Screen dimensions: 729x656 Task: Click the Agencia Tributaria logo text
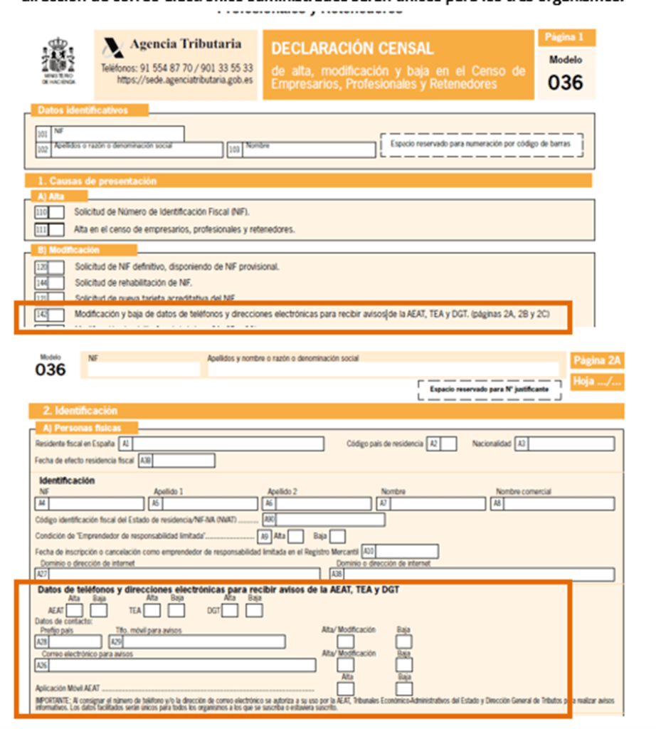coord(185,44)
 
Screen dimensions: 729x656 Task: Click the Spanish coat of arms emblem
coord(58,61)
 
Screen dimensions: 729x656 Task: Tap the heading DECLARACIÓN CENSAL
coord(352,48)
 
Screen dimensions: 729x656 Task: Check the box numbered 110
coord(56,211)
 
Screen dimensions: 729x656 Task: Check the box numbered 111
coord(56,229)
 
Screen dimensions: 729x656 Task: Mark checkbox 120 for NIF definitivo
coord(56,266)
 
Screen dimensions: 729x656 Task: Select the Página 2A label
coord(596,360)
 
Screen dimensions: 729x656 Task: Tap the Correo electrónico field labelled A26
coord(181,665)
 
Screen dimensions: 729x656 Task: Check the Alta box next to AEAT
coord(75,610)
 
